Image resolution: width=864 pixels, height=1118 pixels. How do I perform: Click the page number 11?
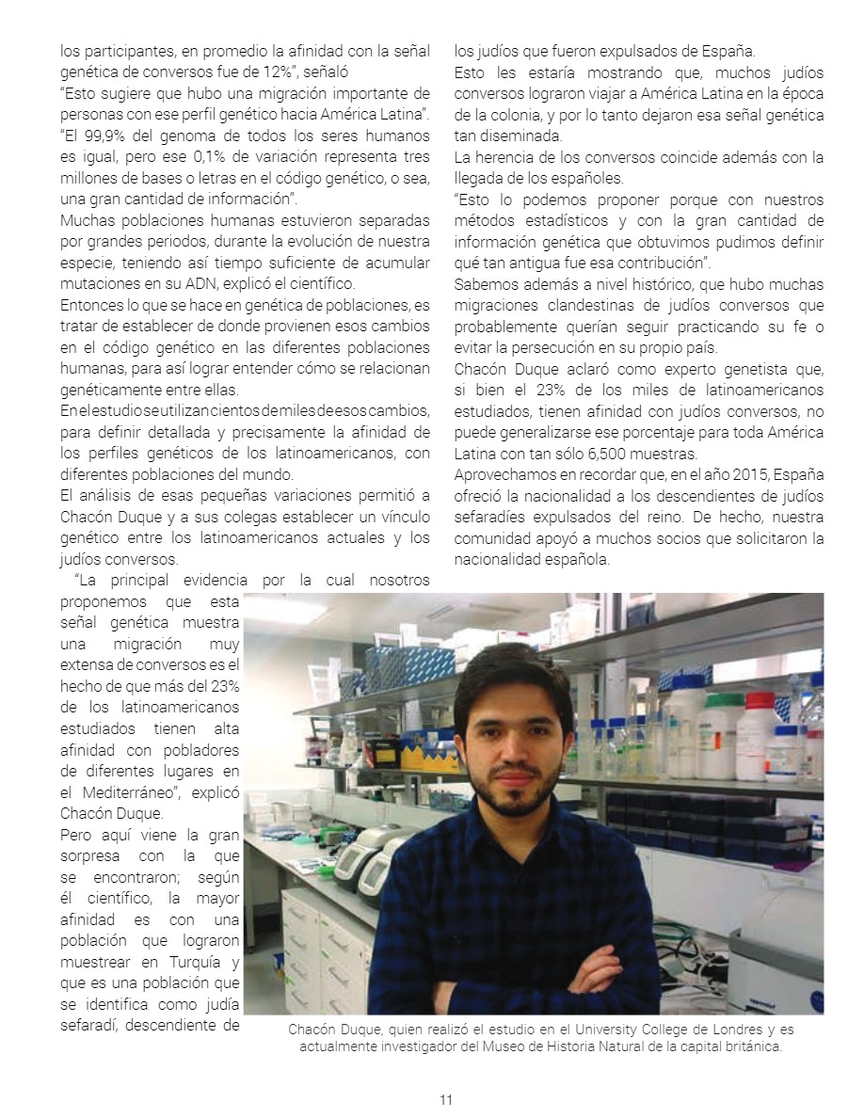446,1099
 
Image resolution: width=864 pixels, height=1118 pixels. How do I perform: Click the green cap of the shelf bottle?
723,701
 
